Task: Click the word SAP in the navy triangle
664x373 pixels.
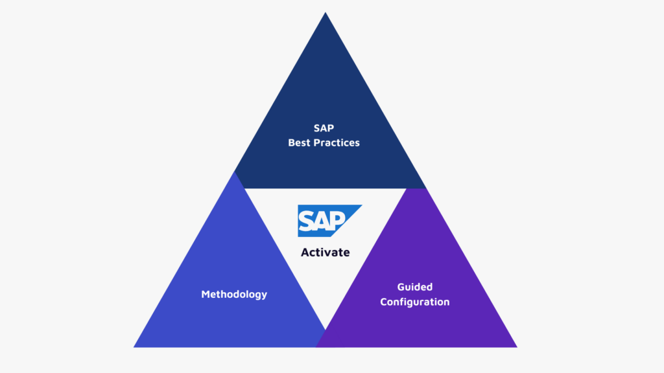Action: (x=324, y=128)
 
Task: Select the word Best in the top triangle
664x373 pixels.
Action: (x=299, y=142)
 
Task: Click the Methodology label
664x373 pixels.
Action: (x=234, y=294)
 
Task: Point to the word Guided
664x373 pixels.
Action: (x=414, y=287)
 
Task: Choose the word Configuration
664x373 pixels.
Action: (x=414, y=302)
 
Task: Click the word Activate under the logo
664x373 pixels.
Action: (x=325, y=253)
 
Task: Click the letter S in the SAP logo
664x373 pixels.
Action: (x=307, y=221)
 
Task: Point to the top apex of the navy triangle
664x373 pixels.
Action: (x=325, y=13)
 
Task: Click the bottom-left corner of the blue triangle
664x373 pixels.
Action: (x=134, y=347)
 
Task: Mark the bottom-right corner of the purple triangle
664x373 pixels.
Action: (x=517, y=347)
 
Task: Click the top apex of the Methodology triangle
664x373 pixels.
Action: (x=233, y=172)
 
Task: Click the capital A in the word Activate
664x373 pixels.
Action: (x=305, y=253)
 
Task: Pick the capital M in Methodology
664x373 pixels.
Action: (x=205, y=294)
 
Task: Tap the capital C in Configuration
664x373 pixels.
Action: (x=384, y=302)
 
